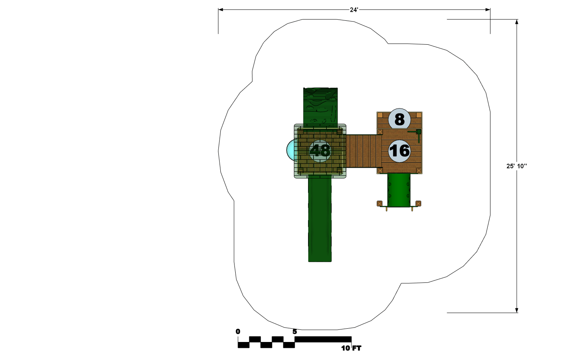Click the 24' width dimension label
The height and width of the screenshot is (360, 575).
pos(354,10)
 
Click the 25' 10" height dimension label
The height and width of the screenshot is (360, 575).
pos(516,166)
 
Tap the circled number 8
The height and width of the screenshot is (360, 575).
pos(399,119)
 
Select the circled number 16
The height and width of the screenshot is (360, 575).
pos(399,151)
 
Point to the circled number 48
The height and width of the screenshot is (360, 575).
pos(320,151)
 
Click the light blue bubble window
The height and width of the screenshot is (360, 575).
pos(291,150)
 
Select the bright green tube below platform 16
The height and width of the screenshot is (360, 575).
pos(399,190)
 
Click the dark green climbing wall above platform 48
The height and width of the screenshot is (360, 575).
pos(320,107)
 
